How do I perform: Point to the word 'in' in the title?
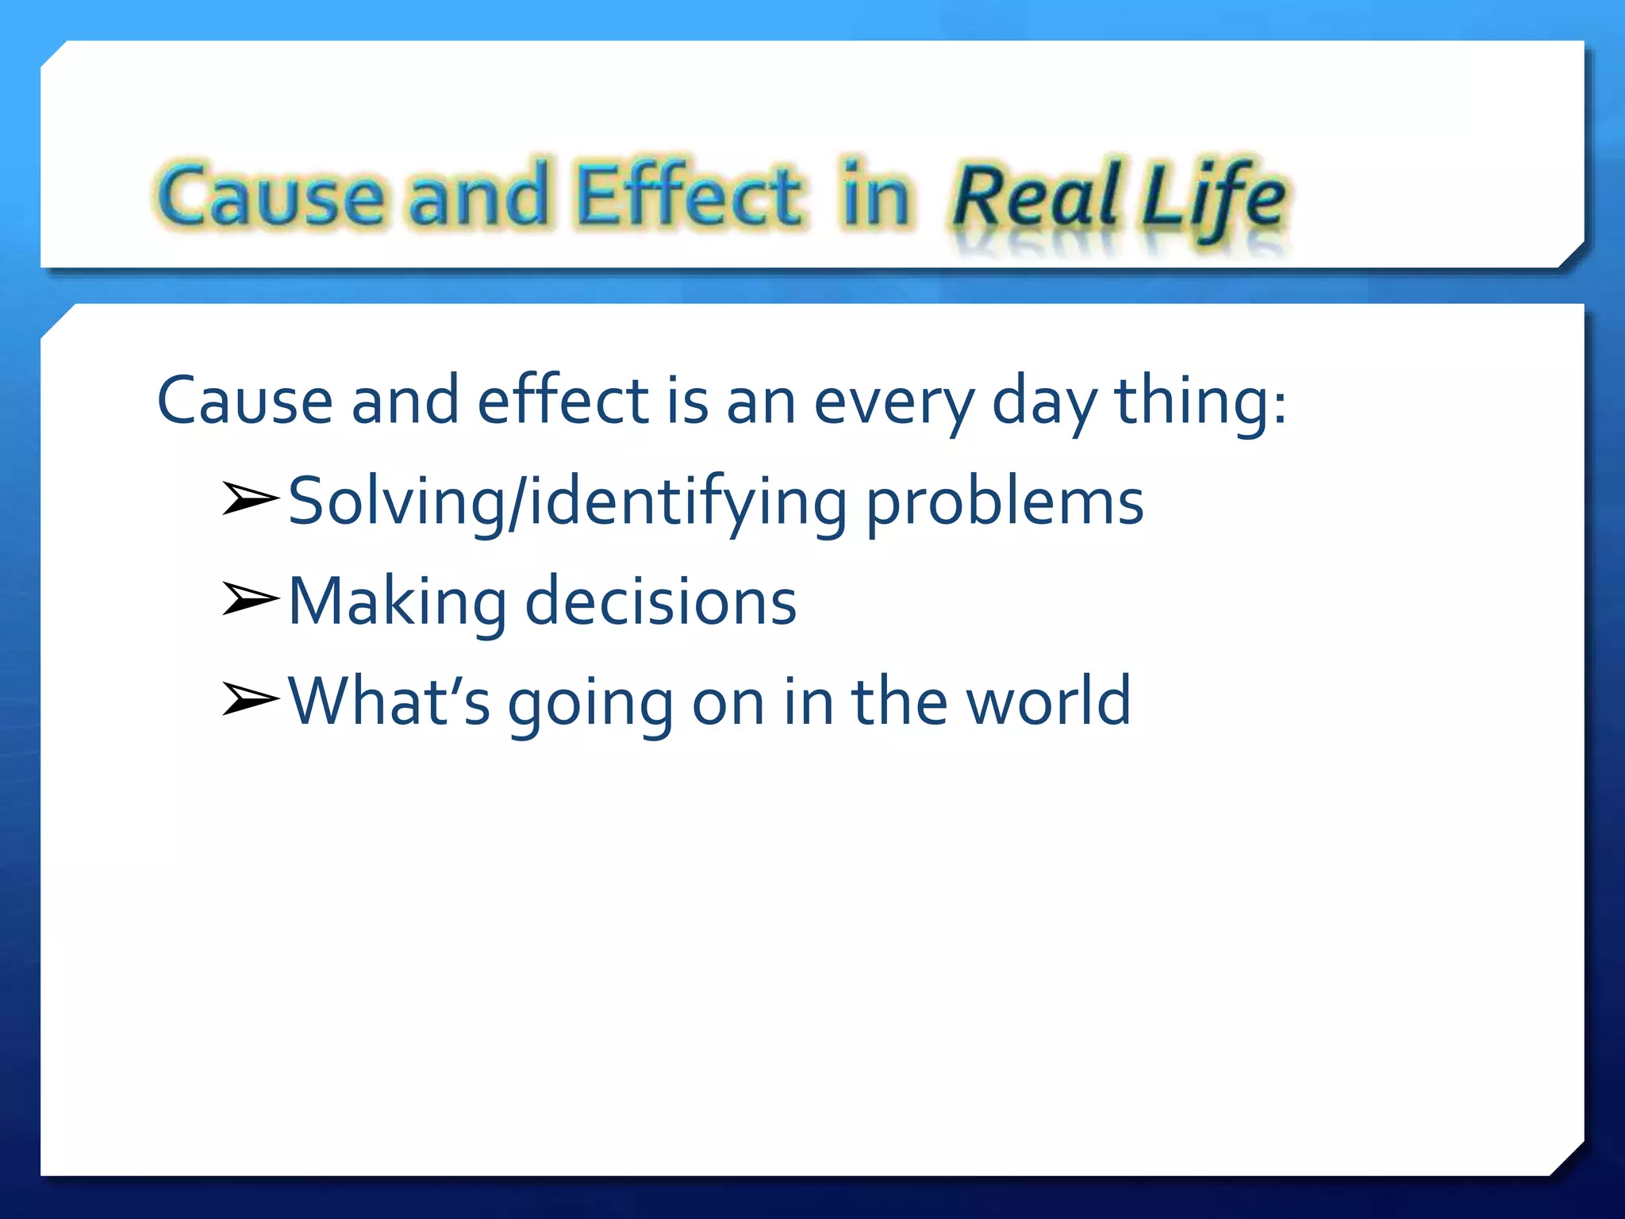[876, 195]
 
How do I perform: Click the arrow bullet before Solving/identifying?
[250, 499]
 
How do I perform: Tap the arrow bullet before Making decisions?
[250, 599]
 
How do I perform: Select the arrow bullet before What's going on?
[250, 699]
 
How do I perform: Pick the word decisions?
[661, 602]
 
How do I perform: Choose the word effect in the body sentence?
[563, 401]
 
